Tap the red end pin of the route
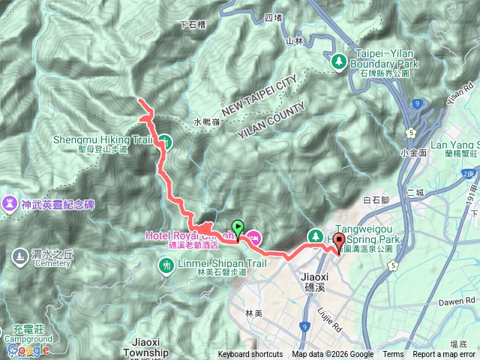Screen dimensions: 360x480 pyautogui.click(x=338, y=242)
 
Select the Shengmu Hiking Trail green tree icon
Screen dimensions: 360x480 pyautogui.click(x=165, y=140)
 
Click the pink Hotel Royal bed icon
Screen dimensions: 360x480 pyautogui.click(x=254, y=238)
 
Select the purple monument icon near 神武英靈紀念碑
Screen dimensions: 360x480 pyautogui.click(x=10, y=203)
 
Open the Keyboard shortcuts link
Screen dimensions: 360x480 pyautogui.click(x=250, y=355)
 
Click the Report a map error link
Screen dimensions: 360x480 pyautogui.click(x=444, y=355)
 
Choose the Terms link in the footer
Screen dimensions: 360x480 pyautogui.click(x=393, y=355)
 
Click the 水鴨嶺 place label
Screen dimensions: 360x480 pyautogui.click(x=205, y=121)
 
